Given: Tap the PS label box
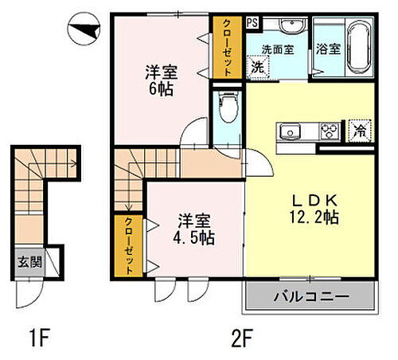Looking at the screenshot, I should coord(252,22).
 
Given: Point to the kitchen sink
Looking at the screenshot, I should coord(288,131).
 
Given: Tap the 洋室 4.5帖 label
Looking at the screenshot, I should coord(194,228).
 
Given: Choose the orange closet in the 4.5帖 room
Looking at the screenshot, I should coord(126,247).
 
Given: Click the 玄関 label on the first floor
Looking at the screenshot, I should coord(27,260).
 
